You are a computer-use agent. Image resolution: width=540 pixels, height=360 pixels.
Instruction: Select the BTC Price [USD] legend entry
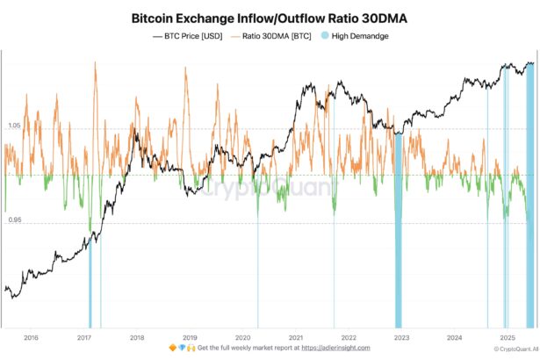coord(189,36)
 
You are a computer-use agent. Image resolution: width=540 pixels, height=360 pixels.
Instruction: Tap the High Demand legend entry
coord(354,36)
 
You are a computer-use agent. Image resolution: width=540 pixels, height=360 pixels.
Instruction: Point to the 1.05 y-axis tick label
coord(14,126)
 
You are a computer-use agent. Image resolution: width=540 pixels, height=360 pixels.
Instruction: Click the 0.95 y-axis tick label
coord(14,221)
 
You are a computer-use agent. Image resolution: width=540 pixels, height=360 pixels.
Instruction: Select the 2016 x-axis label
coord(31,337)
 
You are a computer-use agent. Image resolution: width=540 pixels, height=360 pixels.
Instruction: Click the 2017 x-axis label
coord(84,337)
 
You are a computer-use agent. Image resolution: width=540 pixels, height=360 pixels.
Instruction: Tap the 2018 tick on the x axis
coord(137,337)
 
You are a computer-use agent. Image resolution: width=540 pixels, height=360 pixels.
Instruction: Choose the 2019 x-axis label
coord(190,337)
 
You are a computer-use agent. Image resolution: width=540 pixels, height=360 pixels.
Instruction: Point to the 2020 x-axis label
coord(242,337)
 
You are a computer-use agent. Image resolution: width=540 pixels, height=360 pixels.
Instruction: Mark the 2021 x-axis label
coord(296,337)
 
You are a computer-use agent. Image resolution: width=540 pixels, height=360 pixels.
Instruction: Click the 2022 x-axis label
coord(349,337)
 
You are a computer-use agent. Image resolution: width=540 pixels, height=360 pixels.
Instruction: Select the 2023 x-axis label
coord(401,337)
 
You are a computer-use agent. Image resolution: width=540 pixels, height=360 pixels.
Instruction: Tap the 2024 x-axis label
coord(454,337)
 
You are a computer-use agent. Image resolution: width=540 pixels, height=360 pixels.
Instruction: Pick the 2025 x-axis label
coord(507,337)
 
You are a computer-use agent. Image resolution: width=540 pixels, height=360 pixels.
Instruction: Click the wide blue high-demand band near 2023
coord(398,228)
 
